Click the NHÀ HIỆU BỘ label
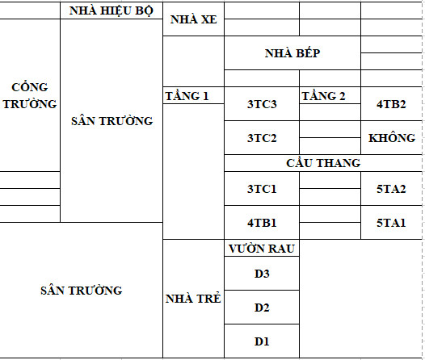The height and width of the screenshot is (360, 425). tap(112, 10)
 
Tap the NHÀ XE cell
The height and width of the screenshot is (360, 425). tap(194, 19)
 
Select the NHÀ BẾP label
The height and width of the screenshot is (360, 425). tap(292, 52)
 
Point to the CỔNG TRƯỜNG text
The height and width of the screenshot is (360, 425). tap(30, 95)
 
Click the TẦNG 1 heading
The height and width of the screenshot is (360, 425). tap(187, 96)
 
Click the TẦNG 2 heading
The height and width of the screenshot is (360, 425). tap(324, 96)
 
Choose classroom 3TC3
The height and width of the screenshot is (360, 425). tap(262, 104)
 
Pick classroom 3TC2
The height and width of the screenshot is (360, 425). tap(262, 138)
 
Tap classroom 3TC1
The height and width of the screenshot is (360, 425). tap(262, 189)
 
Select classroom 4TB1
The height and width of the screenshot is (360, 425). tap(262, 223)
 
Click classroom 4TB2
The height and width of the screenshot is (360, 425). tap(391, 104)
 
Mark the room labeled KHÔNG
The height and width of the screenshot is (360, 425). tap(392, 138)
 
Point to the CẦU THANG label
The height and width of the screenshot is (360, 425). tap(323, 163)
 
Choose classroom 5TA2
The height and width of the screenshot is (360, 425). tap(391, 189)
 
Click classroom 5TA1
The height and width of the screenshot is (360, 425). tap(391, 223)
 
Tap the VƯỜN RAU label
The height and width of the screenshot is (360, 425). tap(262, 249)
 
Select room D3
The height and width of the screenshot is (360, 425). tap(262, 274)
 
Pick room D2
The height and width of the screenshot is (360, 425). tap(262, 308)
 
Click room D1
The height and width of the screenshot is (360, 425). tap(262, 341)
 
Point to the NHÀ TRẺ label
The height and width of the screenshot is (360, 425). tap(193, 299)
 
